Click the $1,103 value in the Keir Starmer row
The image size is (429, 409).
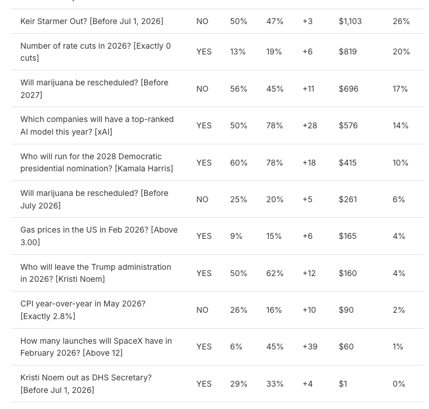pyautogui.click(x=350, y=21)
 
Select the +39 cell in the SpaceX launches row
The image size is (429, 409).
pyautogui.click(x=309, y=347)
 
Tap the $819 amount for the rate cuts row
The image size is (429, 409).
pyautogui.click(x=347, y=52)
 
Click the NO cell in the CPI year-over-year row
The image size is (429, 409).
pyautogui.click(x=202, y=310)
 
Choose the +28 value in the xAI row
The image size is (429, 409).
pyautogui.click(x=309, y=125)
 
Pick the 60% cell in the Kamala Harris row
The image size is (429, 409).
pyautogui.click(x=239, y=163)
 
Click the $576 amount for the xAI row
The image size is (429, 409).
pyautogui.click(x=347, y=125)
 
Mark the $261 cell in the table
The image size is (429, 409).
pyautogui.click(x=347, y=199)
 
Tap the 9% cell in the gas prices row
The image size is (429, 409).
pyautogui.click(x=236, y=236)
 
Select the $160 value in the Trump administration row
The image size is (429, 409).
pyautogui.click(x=347, y=273)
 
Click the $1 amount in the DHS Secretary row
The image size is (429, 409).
pyautogui.click(x=343, y=384)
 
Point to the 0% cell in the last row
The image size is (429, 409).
pyautogui.click(x=399, y=384)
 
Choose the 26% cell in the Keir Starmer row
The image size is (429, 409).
pyautogui.click(x=401, y=21)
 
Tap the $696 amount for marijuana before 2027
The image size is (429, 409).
pyautogui.click(x=348, y=89)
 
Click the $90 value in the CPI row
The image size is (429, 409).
pyautogui.click(x=346, y=310)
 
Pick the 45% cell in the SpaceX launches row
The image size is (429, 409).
pyautogui.click(x=275, y=347)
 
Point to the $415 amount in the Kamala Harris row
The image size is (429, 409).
pyautogui.click(x=347, y=163)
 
